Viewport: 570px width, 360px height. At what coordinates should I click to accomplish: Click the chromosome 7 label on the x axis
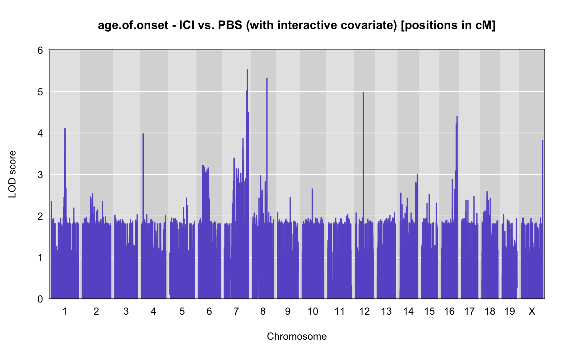pos(236,312)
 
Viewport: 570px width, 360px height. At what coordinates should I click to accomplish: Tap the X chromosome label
pos(532,312)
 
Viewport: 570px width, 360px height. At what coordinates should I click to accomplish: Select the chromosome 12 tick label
pos(364,312)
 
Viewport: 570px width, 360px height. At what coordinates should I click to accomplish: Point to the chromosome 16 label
pos(449,312)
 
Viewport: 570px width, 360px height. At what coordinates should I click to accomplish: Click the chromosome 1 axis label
pos(65,312)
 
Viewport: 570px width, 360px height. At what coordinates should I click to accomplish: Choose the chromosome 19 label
pos(509,312)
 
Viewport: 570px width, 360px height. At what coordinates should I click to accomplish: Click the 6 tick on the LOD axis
pos(40,50)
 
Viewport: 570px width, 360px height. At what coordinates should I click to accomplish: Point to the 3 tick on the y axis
pos(40,175)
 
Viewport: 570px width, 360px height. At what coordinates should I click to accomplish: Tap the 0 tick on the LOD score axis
pos(40,299)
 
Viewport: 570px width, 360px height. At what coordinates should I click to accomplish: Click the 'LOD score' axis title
pos(12,174)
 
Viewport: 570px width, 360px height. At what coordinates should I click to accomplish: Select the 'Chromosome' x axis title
pos(297,337)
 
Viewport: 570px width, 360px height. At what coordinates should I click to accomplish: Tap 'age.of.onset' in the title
pos(133,26)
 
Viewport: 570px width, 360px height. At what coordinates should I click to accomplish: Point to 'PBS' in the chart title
pos(230,25)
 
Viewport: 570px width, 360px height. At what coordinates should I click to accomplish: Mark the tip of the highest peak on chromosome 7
pos(247,70)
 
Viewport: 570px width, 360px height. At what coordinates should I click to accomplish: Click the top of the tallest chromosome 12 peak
pos(363,92)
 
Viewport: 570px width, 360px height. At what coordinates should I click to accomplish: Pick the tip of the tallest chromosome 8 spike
pos(267,78)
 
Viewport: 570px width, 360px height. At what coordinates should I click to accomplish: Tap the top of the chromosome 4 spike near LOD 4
pos(143,134)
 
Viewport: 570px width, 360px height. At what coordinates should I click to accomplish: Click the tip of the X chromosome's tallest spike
pos(542,141)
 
